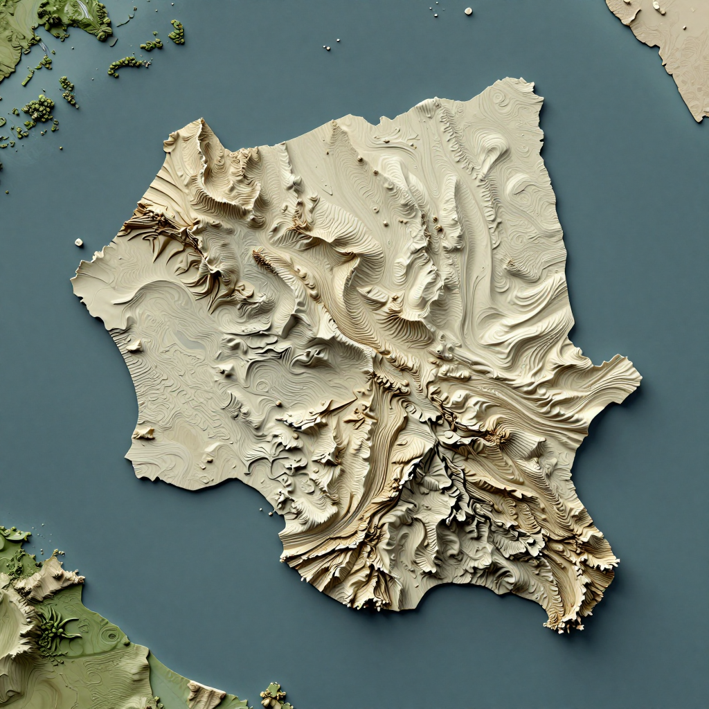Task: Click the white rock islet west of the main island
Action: [x=78, y=242]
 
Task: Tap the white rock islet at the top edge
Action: [x=468, y=11]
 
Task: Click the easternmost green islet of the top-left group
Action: [x=177, y=31]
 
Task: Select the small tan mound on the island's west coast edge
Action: [x=144, y=433]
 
